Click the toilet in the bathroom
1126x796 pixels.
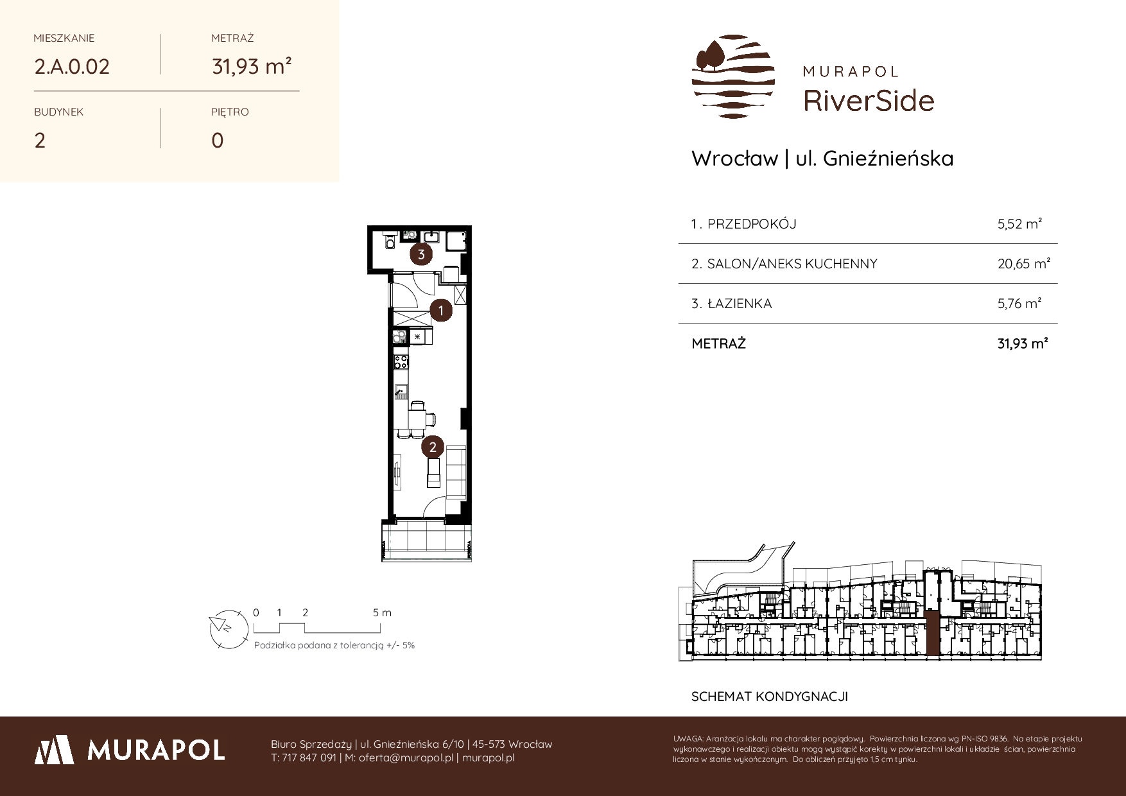click(x=389, y=241)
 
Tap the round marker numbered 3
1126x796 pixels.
click(x=421, y=254)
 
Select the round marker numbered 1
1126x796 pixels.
click(x=440, y=311)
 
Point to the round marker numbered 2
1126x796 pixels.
click(x=433, y=447)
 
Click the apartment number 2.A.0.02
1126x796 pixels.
click(x=72, y=67)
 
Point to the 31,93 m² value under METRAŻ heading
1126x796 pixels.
click(x=252, y=66)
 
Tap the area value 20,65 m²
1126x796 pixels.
click(x=1023, y=263)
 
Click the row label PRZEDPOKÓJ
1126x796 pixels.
click(x=752, y=224)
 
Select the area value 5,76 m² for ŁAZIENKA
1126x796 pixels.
click(x=1019, y=303)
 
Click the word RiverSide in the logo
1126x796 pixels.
click(x=869, y=101)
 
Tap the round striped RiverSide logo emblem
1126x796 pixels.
click(x=733, y=76)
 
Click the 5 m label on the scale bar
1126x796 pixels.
click(x=382, y=612)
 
